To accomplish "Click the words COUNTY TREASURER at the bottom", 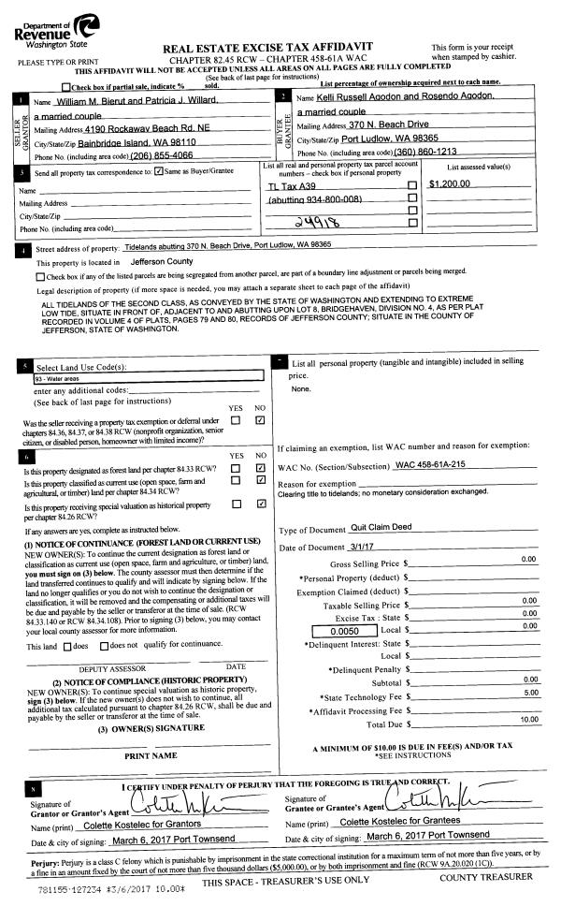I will coord(485,876).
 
